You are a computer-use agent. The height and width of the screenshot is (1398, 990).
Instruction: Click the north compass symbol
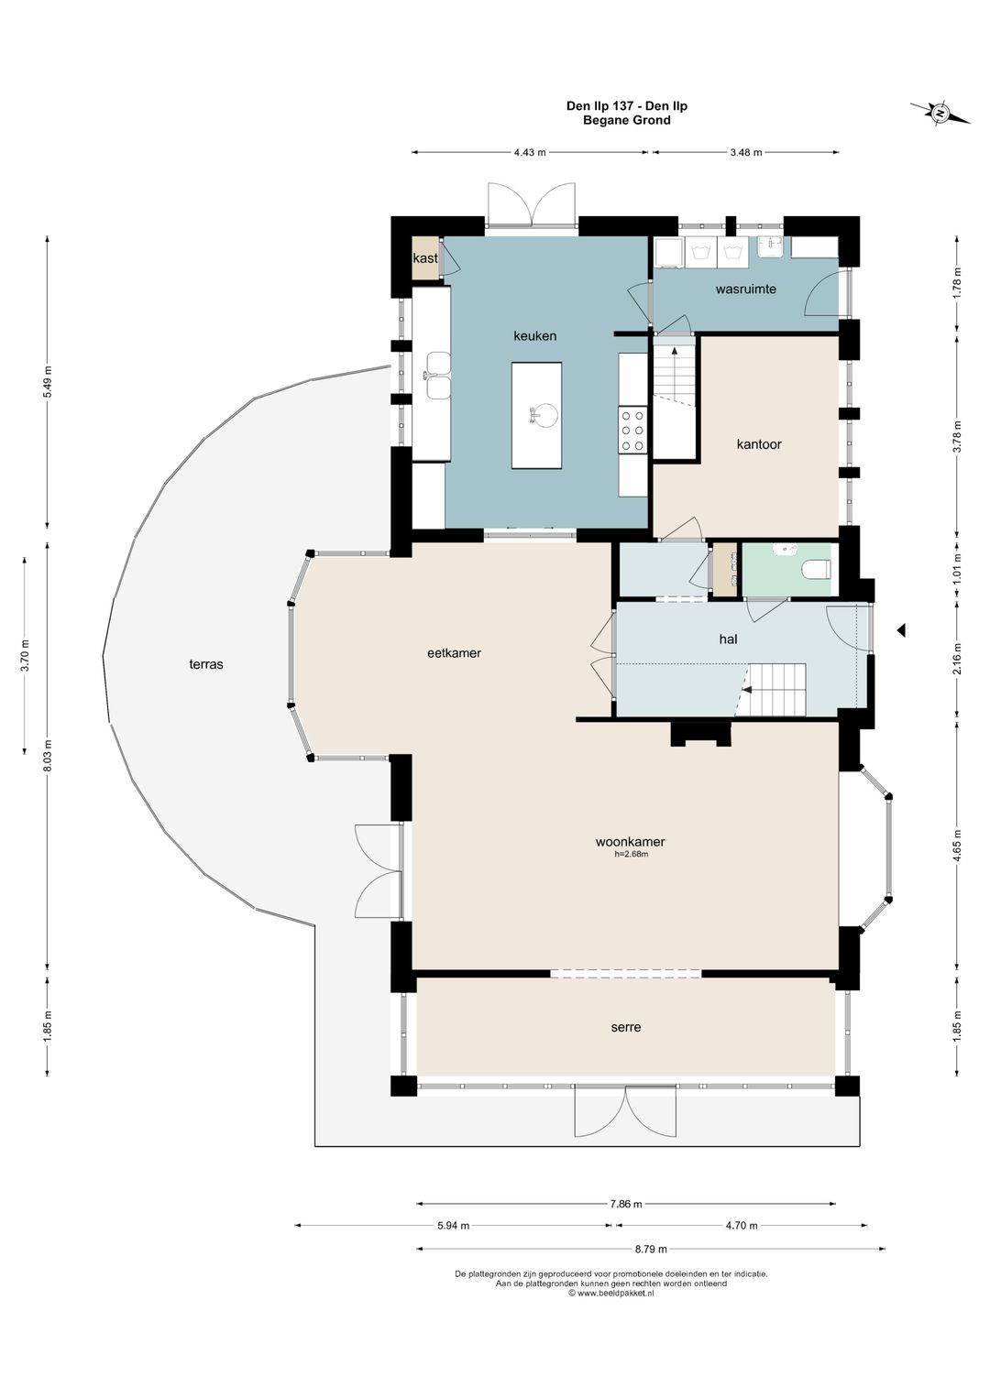[940, 114]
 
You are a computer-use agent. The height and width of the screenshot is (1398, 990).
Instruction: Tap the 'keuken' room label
[534, 336]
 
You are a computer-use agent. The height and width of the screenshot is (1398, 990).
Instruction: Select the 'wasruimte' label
[746, 289]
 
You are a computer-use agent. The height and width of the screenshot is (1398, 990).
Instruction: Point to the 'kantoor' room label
[759, 444]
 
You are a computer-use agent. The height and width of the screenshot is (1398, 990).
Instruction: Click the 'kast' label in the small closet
[425, 257]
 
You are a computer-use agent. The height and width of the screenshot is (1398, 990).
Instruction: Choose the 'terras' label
[206, 664]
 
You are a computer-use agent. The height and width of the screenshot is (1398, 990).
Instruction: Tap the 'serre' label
[626, 1027]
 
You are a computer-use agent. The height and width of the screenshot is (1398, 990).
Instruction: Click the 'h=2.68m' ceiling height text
[631, 855]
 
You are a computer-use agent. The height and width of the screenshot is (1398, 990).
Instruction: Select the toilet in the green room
[817, 569]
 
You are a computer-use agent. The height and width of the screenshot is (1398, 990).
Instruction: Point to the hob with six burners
[632, 429]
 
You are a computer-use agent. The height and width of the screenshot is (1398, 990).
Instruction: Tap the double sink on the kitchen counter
[438, 375]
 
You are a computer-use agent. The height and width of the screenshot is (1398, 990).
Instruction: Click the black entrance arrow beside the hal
[901, 630]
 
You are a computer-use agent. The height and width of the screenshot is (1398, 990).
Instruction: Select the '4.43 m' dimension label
[530, 152]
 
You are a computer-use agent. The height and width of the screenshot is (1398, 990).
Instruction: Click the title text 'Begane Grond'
[626, 120]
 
